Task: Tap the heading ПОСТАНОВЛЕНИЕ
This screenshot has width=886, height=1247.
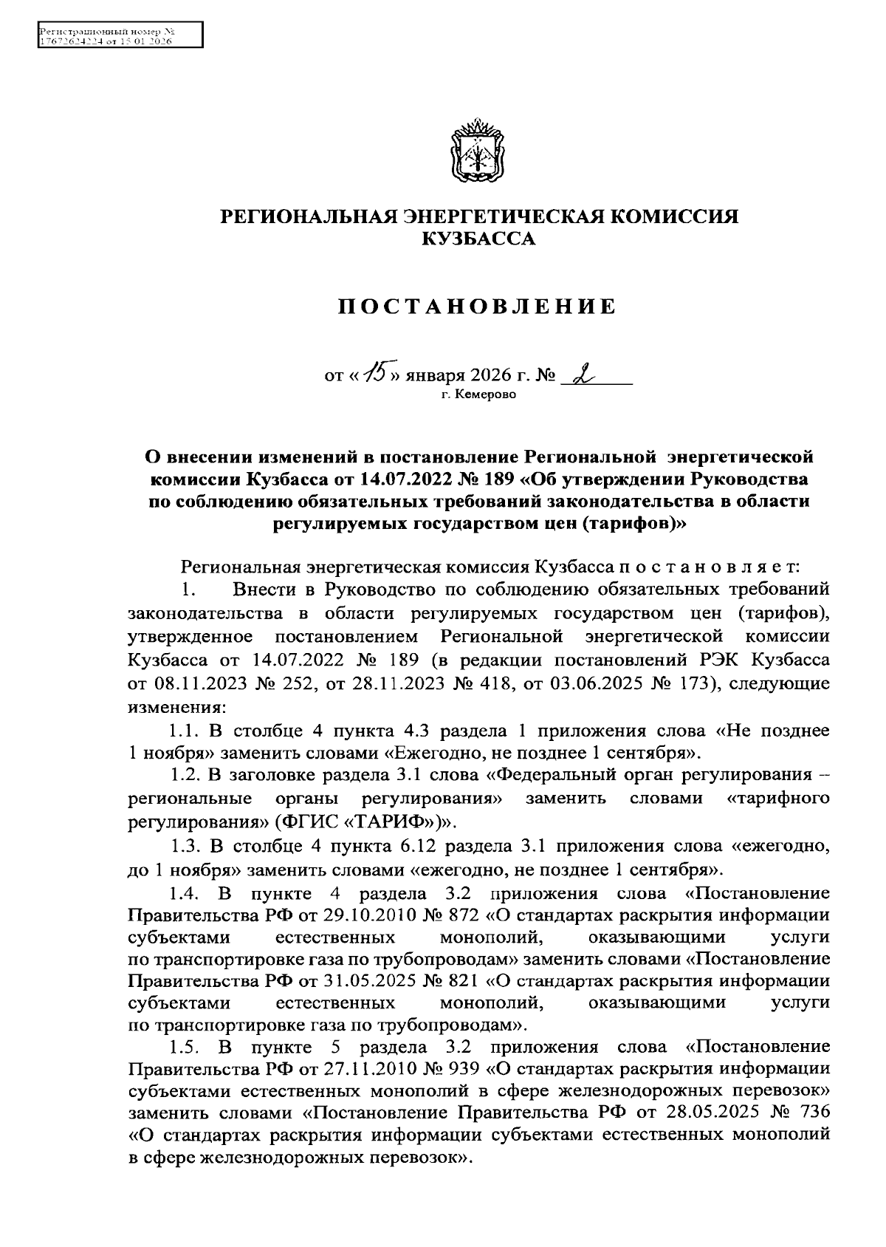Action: click(x=477, y=307)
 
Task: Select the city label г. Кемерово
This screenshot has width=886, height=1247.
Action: click(x=479, y=394)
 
